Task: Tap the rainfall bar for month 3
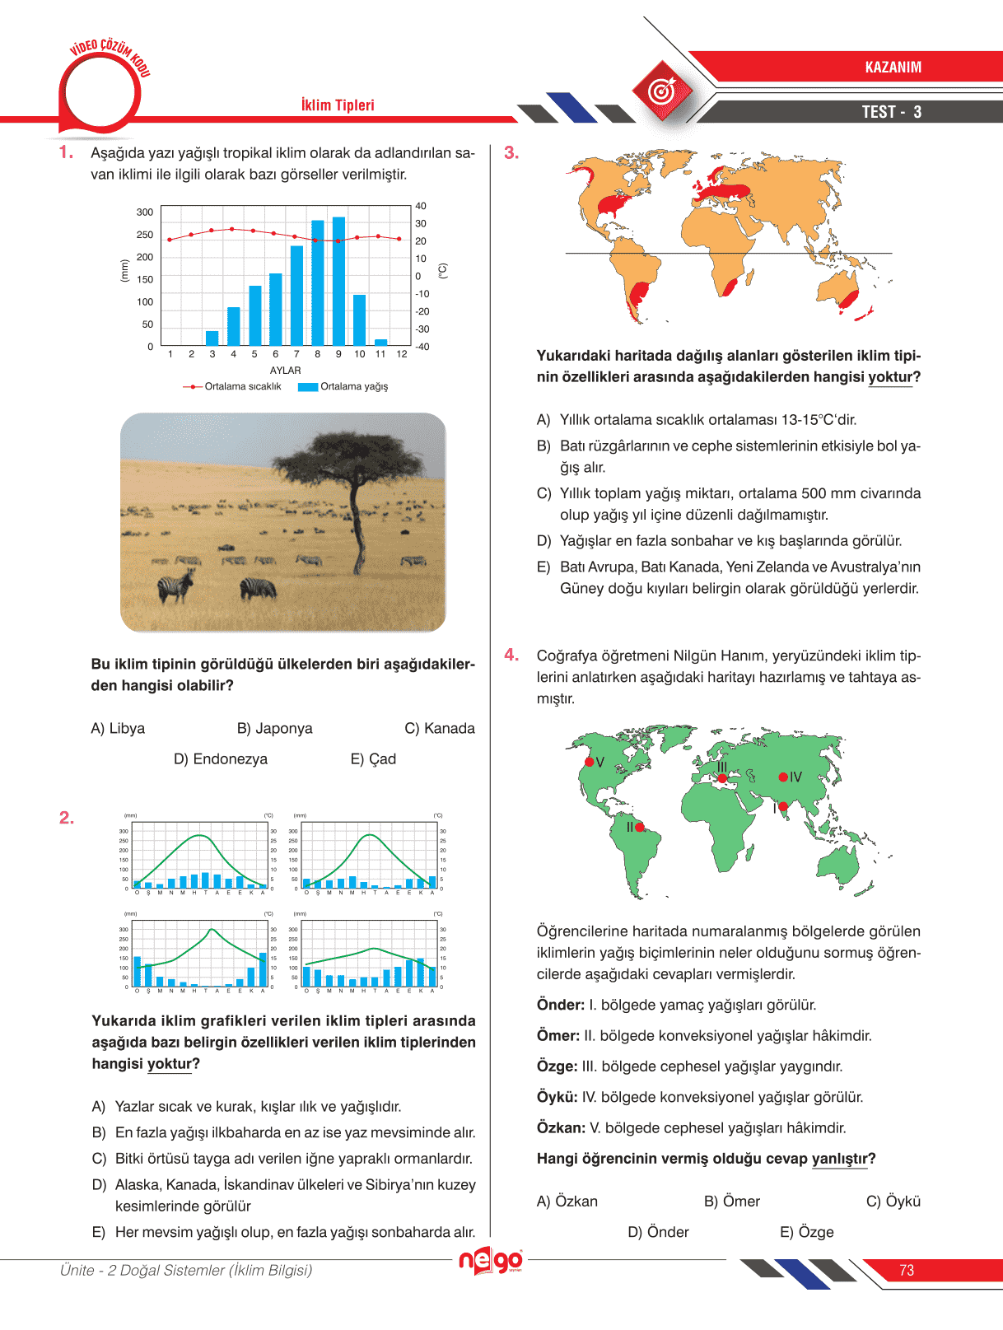pyautogui.click(x=212, y=338)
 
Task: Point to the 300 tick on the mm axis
pyautogui.click(x=145, y=212)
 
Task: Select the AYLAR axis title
pyautogui.click(x=286, y=371)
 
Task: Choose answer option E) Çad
pyautogui.click(x=373, y=759)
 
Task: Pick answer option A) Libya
pyautogui.click(x=118, y=729)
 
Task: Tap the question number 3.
pyautogui.click(x=511, y=153)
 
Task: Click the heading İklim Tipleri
pyautogui.click(x=338, y=105)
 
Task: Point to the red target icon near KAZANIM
pyautogui.click(x=663, y=91)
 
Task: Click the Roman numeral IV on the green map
pyautogui.click(x=795, y=777)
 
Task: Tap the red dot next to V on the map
pyautogui.click(x=589, y=762)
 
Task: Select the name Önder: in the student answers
pyautogui.click(x=561, y=1005)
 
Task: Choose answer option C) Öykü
pyautogui.click(x=893, y=1202)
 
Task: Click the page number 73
pyautogui.click(x=907, y=1271)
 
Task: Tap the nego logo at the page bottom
pyautogui.click(x=491, y=1261)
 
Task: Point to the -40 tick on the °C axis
pyautogui.click(x=422, y=347)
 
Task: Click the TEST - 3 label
pyautogui.click(x=892, y=112)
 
